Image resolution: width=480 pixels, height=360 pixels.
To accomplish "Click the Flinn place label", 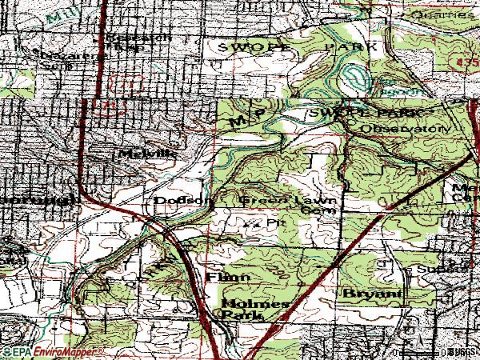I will point(229,277).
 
